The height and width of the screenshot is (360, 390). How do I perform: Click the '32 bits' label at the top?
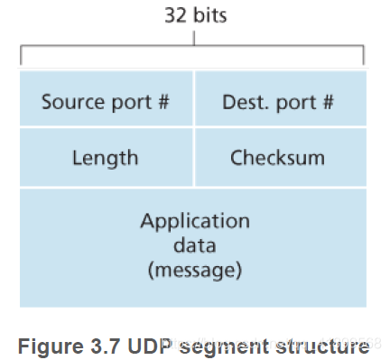[194, 15]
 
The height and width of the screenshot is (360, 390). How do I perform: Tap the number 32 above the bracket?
[176, 15]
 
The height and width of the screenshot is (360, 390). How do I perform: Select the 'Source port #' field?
[106, 100]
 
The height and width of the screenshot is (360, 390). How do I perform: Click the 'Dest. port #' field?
[278, 100]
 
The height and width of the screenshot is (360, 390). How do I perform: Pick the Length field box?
[106, 158]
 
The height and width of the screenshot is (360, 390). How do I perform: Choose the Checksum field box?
[279, 158]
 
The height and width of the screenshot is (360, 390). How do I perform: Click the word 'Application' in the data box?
[194, 221]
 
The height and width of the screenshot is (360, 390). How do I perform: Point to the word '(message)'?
[194, 268]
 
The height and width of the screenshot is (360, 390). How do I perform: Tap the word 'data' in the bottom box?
[194, 245]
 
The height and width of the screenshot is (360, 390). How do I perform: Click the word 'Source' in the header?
[71, 100]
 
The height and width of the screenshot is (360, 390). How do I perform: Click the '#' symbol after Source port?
[163, 100]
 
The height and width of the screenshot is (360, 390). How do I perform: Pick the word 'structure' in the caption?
[322, 345]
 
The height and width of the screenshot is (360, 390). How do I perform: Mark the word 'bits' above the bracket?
[210, 15]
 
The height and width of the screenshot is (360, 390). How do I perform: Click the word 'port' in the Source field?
[132, 100]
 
